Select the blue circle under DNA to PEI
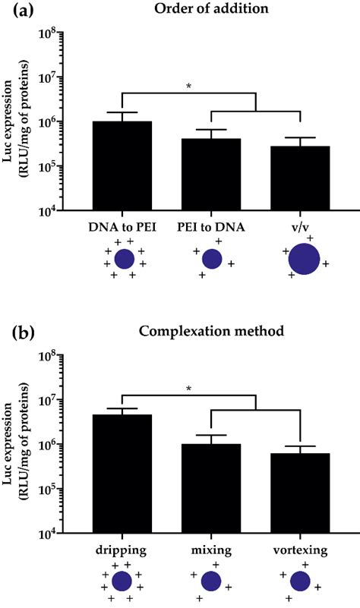pos(124,260)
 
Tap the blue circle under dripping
pos(122,582)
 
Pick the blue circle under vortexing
pos(301,582)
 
